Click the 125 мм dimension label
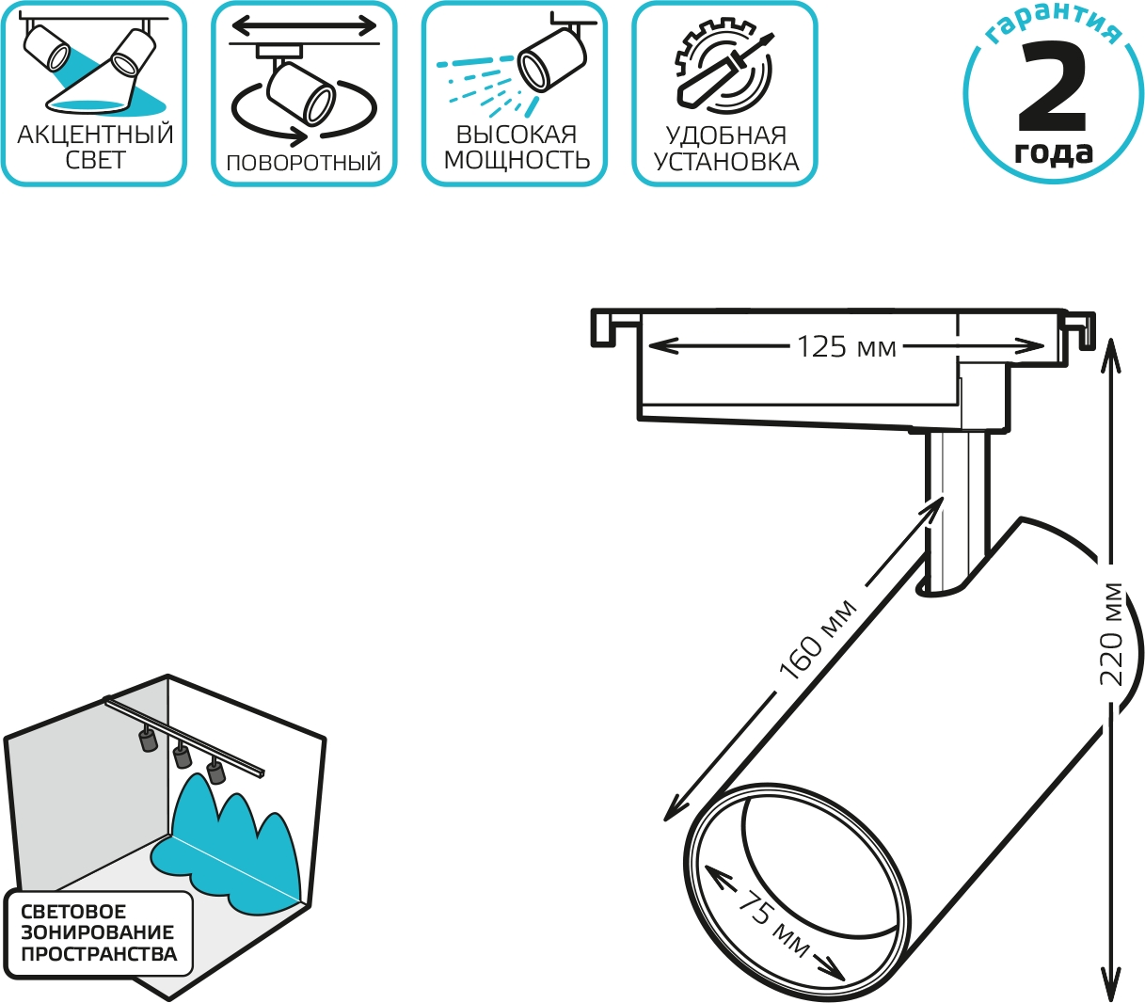pyautogui.click(x=846, y=347)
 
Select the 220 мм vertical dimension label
pyautogui.click(x=1111, y=635)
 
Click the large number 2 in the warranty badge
pyautogui.click(x=1052, y=88)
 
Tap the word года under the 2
pyautogui.click(x=1053, y=152)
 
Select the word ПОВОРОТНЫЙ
pyautogui.click(x=303, y=163)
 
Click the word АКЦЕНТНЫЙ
pyautogui.click(x=96, y=135)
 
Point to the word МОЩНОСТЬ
pyautogui.click(x=517, y=160)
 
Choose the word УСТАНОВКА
pyautogui.click(x=726, y=162)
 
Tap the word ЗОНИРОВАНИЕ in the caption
pyautogui.click(x=97, y=931)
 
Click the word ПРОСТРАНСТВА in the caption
pyautogui.click(x=99, y=953)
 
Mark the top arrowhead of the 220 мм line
pyautogui.click(x=1110, y=355)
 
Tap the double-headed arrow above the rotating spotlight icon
pyautogui.click(x=304, y=24)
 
